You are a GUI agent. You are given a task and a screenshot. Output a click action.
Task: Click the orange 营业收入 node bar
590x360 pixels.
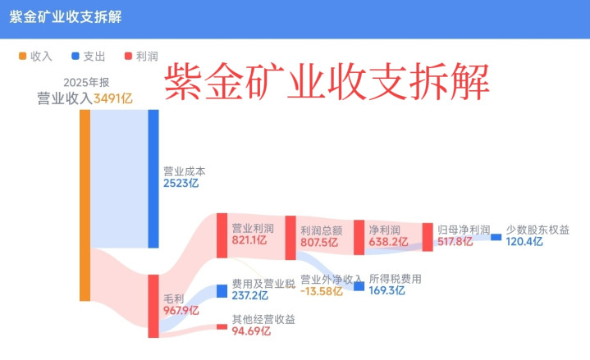(x=85, y=205)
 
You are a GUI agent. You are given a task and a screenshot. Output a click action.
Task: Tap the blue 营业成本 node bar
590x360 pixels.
(x=153, y=178)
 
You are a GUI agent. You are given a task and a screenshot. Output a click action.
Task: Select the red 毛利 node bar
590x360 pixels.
(x=153, y=306)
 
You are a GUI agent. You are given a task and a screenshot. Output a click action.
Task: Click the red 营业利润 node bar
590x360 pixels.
(x=222, y=235)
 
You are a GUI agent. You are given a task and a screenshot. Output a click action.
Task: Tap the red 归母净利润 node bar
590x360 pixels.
(x=427, y=237)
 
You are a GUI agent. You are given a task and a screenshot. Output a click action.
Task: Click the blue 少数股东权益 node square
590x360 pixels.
(x=496, y=237)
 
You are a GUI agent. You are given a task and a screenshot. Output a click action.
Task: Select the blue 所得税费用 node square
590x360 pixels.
(x=359, y=286)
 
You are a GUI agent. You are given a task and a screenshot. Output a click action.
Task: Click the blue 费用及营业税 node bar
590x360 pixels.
(x=222, y=290)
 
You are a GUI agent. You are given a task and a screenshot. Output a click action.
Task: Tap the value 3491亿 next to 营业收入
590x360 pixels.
(x=113, y=99)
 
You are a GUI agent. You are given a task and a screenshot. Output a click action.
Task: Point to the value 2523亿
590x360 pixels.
(x=181, y=184)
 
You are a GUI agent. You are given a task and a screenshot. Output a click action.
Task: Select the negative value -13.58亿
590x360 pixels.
(x=321, y=291)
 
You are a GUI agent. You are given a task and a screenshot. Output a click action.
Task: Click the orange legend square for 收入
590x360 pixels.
(x=22, y=56)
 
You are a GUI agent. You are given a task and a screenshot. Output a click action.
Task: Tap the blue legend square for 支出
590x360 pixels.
(x=75, y=56)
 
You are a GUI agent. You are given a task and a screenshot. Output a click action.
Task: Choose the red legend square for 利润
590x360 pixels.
(x=127, y=56)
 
